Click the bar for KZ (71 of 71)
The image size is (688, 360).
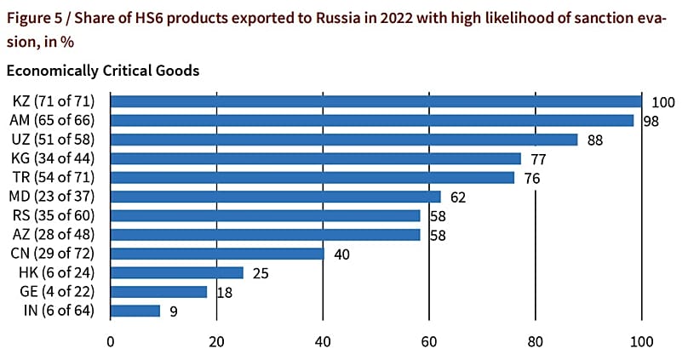point(375,101)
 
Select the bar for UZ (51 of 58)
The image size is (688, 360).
point(344,140)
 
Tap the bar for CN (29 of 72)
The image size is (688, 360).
point(217,254)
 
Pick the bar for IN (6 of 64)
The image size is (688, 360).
point(135,311)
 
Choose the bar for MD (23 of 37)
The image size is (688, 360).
point(275,197)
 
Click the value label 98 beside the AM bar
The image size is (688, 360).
point(652,121)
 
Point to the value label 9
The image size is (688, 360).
point(173,311)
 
